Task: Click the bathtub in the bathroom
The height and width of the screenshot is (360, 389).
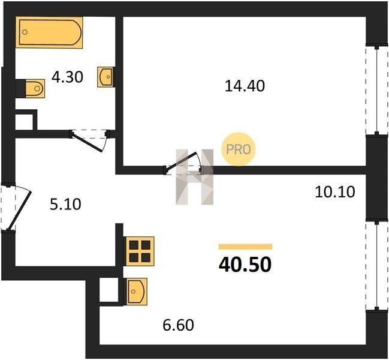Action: coord(49,32)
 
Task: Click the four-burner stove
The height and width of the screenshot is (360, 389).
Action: coord(140,251)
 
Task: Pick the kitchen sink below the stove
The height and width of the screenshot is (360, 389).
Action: coord(137,292)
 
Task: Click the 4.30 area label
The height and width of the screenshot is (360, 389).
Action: coord(67,77)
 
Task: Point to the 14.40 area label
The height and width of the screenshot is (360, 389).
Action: coord(245,86)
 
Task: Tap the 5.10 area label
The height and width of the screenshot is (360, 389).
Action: coord(65,205)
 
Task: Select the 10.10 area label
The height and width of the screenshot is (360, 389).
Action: coord(335,192)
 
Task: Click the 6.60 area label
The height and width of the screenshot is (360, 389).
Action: coord(178,325)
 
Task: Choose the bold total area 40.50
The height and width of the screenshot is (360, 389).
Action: coord(245,265)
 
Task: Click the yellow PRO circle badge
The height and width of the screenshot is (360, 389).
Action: coord(238,149)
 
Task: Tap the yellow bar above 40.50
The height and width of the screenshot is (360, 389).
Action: coord(245,247)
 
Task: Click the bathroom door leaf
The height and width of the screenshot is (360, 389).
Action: coord(87,143)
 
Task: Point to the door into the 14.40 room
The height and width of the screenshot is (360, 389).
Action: coord(182,162)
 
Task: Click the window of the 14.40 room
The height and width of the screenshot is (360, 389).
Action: coord(377,90)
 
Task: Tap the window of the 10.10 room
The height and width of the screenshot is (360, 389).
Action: coord(377,266)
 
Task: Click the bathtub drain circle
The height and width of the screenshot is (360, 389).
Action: coord(25,32)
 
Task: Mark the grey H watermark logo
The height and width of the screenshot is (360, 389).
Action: coord(194,177)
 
